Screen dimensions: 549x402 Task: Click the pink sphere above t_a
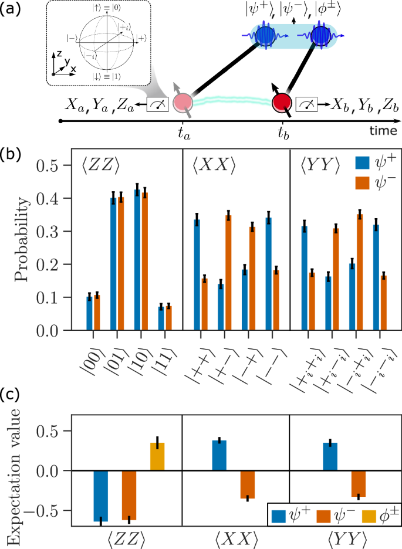183,102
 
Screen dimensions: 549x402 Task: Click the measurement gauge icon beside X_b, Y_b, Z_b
306,104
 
